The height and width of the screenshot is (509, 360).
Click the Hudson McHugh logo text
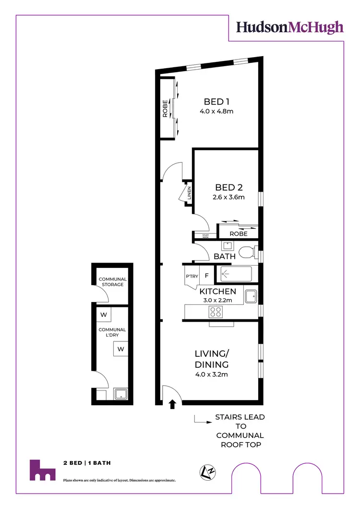coord(290,27)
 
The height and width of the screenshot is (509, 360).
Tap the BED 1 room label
coord(214,102)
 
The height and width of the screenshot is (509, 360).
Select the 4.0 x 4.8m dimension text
coord(216,112)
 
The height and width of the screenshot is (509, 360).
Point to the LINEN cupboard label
coord(190,193)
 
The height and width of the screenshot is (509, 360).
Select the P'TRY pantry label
coord(192,276)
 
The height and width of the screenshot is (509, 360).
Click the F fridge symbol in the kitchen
coord(206,276)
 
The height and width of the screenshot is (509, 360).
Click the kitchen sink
coord(251,296)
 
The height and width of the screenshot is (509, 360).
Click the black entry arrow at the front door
coord(173,405)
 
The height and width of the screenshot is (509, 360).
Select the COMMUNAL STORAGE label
coord(112,282)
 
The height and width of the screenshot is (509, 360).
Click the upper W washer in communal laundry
coord(103,315)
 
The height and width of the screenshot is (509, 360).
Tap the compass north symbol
coord(208,472)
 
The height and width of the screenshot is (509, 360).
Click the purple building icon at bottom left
coord(42,470)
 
